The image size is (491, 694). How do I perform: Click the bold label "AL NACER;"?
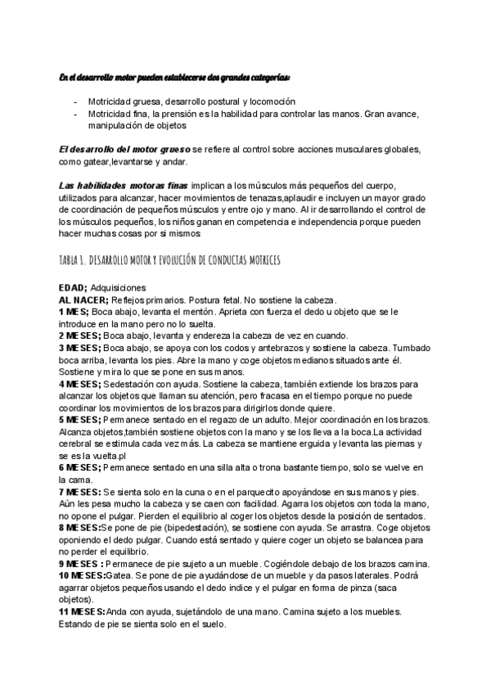(85, 300)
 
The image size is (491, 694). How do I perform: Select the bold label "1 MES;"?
(74, 311)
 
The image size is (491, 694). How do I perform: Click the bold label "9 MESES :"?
(81, 565)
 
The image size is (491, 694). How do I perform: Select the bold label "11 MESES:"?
(82, 612)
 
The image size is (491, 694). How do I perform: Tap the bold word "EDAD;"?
(73, 287)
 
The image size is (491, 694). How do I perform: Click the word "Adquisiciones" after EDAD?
(119, 287)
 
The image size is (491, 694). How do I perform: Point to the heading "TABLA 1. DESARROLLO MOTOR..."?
(170, 261)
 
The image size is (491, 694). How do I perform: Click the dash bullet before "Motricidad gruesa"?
(76, 101)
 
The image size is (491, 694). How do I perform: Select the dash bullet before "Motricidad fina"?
(76, 113)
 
